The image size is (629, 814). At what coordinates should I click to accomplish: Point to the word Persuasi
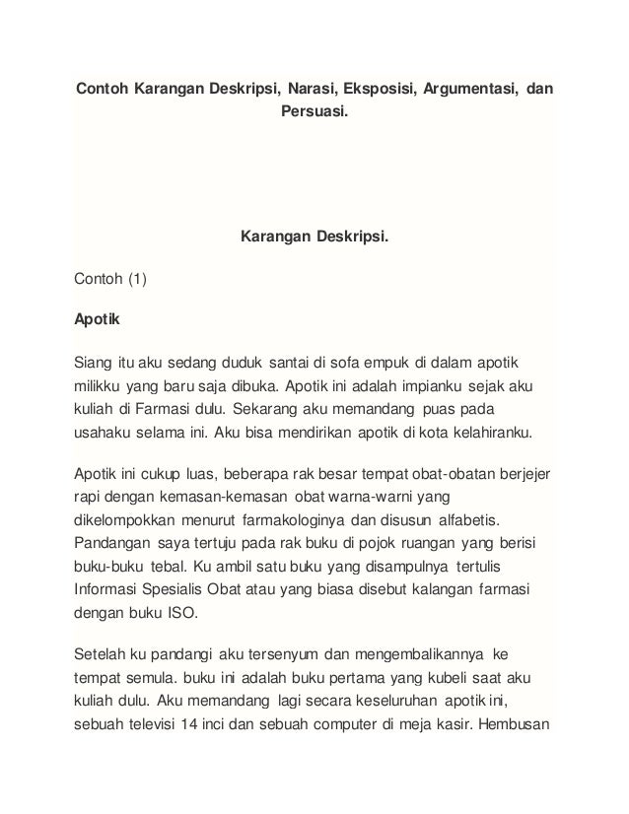click(314, 112)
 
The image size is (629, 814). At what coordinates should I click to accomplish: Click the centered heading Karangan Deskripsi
click(314, 237)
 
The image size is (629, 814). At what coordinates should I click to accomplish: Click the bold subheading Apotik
click(96, 319)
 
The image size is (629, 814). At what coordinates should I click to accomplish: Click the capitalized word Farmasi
click(175, 407)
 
